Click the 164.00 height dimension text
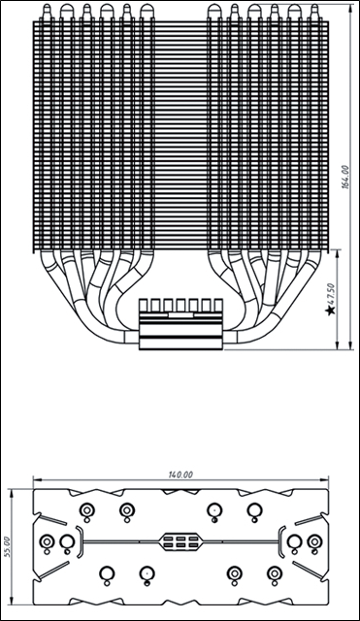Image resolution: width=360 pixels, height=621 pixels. click(345, 178)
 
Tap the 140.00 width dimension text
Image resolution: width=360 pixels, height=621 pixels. click(180, 474)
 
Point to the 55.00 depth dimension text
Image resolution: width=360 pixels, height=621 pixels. click(8, 547)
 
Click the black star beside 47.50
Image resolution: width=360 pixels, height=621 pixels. click(330, 310)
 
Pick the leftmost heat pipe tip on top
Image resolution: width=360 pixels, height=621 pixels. click(47, 12)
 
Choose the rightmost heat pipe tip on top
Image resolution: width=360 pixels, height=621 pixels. click(314, 12)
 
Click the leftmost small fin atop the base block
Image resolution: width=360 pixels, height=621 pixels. click(144, 305)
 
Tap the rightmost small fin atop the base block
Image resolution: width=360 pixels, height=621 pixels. click(218, 305)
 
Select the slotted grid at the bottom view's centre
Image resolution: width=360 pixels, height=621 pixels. click(180, 541)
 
